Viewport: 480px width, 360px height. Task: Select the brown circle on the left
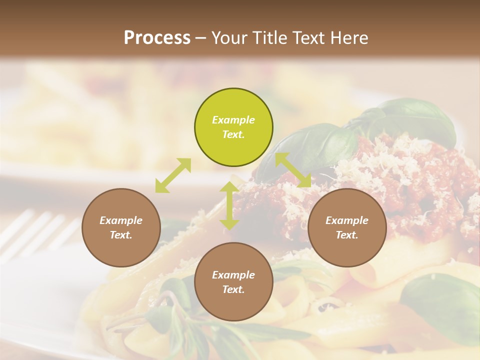pyautogui.click(x=121, y=227)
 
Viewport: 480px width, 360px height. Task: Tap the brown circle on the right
pyautogui.click(x=347, y=227)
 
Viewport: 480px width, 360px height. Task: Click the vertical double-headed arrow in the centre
pyautogui.click(x=229, y=205)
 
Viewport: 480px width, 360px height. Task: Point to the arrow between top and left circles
pyautogui.click(x=173, y=175)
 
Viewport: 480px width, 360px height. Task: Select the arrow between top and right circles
pyautogui.click(x=293, y=170)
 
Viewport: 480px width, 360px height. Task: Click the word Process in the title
pyautogui.click(x=157, y=37)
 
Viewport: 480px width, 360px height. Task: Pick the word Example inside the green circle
pyautogui.click(x=233, y=120)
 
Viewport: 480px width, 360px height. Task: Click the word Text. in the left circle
pyautogui.click(x=121, y=235)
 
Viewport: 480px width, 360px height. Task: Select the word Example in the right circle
pyautogui.click(x=347, y=220)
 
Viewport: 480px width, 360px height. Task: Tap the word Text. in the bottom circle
pyautogui.click(x=233, y=289)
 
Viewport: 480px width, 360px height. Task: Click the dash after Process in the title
pyautogui.click(x=200, y=38)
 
